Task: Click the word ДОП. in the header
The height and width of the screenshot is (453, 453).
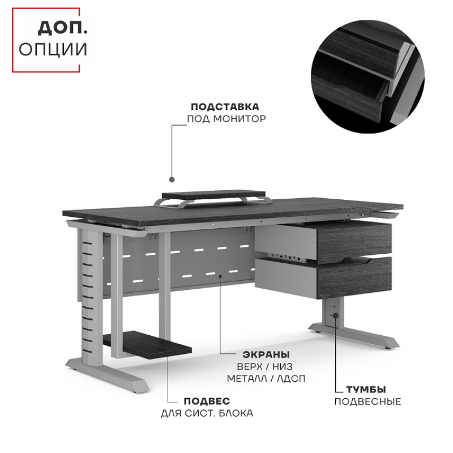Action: (x=62, y=28)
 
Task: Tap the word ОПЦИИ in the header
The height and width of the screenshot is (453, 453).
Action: (x=53, y=49)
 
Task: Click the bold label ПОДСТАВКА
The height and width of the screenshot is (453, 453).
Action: (x=225, y=106)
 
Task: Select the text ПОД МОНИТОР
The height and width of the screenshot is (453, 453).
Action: (x=226, y=119)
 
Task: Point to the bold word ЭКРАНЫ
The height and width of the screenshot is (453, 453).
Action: (x=266, y=354)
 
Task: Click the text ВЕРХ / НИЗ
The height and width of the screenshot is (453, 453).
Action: (x=264, y=366)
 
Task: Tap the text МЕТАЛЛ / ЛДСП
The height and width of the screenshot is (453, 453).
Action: (x=266, y=378)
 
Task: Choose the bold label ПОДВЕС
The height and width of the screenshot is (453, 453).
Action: (x=207, y=401)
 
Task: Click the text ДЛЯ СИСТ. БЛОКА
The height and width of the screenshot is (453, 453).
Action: (x=207, y=413)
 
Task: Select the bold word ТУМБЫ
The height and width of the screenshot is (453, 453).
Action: (x=366, y=390)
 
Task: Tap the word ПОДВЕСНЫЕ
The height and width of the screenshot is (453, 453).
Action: (x=367, y=401)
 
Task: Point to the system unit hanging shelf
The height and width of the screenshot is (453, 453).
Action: (x=147, y=344)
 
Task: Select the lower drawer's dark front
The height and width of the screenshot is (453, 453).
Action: (x=354, y=278)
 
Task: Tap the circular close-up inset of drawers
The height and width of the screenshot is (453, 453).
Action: (x=367, y=76)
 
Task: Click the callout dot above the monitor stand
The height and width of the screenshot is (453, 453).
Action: (x=172, y=180)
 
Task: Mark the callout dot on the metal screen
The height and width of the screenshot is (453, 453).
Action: (x=220, y=276)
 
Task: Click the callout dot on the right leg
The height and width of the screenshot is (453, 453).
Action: (x=335, y=315)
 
